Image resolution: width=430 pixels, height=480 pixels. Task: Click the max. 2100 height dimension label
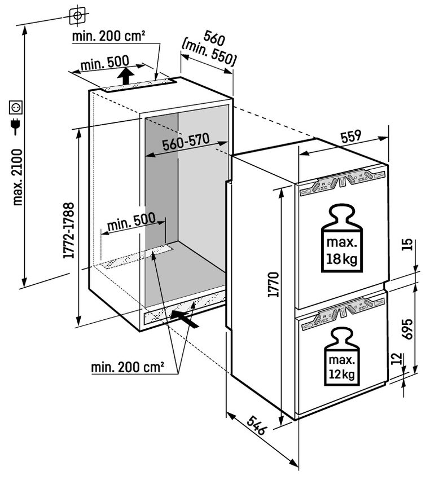17,177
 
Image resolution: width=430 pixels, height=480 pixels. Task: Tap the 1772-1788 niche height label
69,231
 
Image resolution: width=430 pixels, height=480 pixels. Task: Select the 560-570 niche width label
186,142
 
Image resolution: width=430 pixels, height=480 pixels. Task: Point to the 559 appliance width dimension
351,136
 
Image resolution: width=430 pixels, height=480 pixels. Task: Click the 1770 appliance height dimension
274,284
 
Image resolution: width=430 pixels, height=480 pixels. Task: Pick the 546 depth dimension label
256,425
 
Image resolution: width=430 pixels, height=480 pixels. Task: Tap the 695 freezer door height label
407,329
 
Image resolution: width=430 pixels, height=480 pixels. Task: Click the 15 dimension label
407,245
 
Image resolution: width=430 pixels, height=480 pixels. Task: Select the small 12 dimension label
396,359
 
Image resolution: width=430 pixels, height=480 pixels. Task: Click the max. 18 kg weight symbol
341,238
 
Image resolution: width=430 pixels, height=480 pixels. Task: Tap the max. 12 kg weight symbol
341,356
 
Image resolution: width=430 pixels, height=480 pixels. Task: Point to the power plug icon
15,126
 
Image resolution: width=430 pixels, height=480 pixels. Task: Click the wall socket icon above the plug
16,107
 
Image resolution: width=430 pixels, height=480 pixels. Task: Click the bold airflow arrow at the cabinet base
185,318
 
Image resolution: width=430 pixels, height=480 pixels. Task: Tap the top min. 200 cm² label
108,37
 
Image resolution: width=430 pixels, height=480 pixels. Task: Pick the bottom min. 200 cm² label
128,367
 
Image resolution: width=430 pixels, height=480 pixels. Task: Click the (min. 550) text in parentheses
209,53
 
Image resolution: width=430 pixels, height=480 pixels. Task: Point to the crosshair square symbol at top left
77,15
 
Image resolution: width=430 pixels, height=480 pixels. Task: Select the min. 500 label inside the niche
131,222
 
